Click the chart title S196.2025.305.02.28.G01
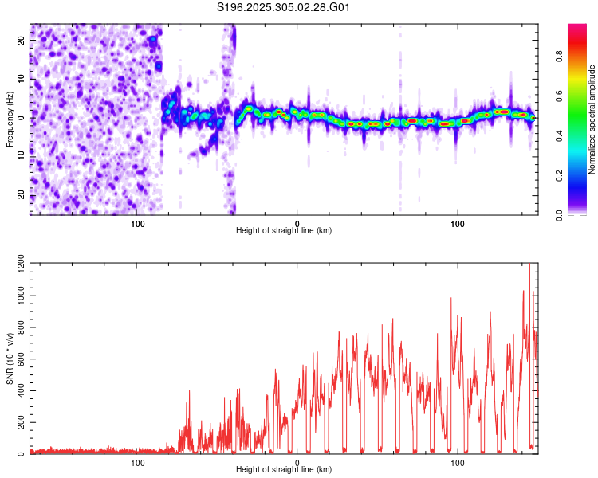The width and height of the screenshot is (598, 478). pos(284,8)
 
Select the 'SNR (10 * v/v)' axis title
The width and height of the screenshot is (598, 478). pos(10,358)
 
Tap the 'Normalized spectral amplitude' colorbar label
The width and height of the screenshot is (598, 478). pos(592,119)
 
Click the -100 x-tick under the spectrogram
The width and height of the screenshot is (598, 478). pos(136,222)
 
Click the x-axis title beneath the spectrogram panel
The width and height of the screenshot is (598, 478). pos(284,230)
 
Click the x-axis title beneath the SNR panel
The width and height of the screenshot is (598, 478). pos(284,470)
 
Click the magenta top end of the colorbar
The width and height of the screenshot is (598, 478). pos(577,27)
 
